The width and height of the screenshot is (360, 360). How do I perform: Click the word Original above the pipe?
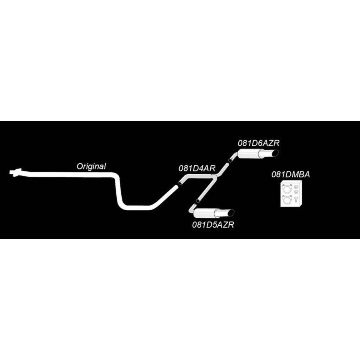pyautogui.click(x=91, y=166)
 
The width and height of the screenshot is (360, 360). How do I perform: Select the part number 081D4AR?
pyautogui.click(x=197, y=168)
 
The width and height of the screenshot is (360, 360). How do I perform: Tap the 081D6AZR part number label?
pyautogui.click(x=258, y=143)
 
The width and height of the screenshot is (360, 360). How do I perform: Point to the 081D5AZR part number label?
pyautogui.click(x=213, y=225)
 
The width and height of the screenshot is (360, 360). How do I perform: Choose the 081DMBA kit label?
pyautogui.click(x=291, y=175)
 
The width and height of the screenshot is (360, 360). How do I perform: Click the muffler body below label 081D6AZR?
pyautogui.click(x=249, y=154)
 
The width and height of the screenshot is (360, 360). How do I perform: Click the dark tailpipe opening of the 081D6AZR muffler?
pyautogui.click(x=275, y=153)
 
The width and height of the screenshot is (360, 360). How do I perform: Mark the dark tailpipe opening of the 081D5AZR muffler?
pyautogui.click(x=231, y=213)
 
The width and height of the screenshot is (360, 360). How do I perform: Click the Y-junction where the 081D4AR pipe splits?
pyautogui.click(x=214, y=177)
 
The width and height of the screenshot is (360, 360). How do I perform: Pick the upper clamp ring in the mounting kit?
pyautogui.click(x=287, y=189)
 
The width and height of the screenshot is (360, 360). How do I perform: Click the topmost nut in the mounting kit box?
pyautogui.click(x=296, y=187)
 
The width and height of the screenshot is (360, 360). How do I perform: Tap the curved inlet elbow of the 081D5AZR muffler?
pyautogui.click(x=191, y=210)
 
